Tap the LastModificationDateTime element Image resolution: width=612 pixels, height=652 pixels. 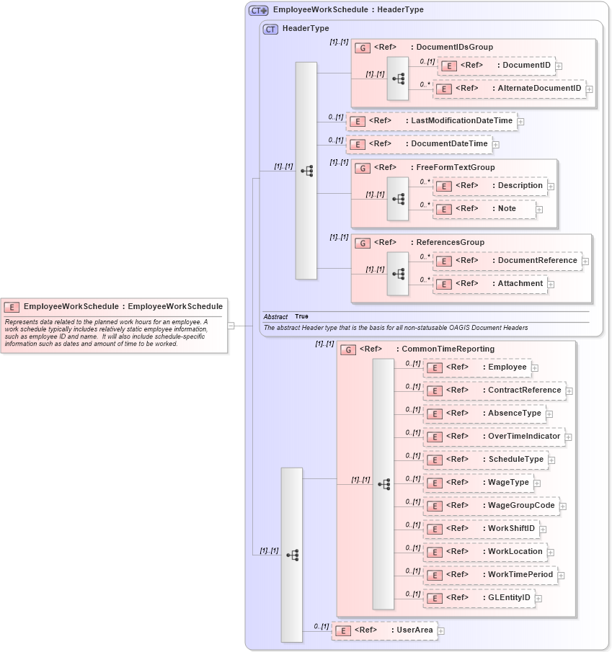click(x=431, y=121)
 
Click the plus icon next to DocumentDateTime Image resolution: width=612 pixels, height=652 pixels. click(x=496, y=145)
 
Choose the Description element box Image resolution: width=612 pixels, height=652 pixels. click(x=489, y=186)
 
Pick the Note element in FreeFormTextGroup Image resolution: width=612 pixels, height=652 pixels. click(x=484, y=209)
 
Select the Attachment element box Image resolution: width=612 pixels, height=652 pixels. click(x=489, y=284)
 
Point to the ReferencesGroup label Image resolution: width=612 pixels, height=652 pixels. click(x=450, y=243)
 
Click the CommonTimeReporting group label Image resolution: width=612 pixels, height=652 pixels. click(x=448, y=349)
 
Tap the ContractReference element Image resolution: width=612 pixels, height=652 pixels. click(x=494, y=390)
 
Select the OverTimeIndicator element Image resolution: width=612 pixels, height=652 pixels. click(x=494, y=437)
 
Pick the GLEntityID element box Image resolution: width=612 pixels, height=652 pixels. click(x=479, y=598)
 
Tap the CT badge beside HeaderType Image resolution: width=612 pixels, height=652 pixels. click(x=270, y=29)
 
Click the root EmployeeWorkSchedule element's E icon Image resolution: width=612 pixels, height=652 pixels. click(x=12, y=307)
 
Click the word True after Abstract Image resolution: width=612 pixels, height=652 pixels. click(x=301, y=317)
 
